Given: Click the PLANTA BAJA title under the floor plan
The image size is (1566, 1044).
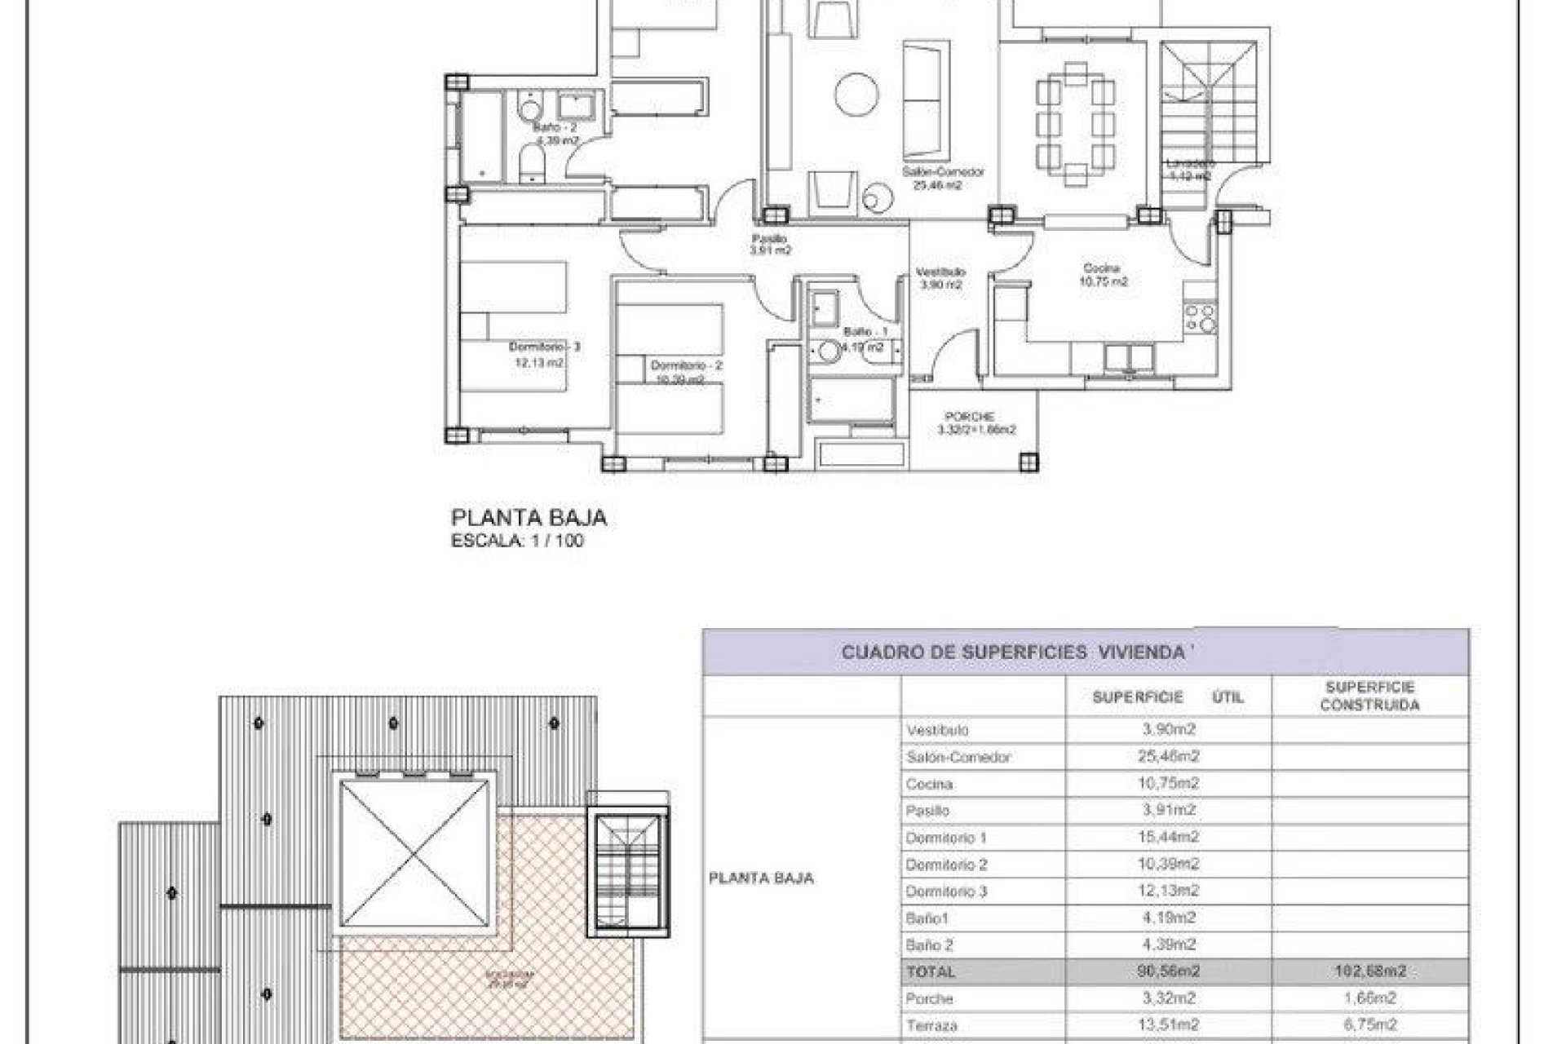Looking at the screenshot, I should click(529, 518).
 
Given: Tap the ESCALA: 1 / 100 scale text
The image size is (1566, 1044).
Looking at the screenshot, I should click(517, 541).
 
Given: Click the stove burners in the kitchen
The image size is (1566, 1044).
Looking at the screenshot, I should click(1200, 318).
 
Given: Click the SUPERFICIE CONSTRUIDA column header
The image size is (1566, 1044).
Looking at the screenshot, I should click(1369, 697).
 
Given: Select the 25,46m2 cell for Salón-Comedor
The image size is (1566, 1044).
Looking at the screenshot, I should click(1168, 757).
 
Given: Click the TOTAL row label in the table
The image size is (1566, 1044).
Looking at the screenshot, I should click(930, 972).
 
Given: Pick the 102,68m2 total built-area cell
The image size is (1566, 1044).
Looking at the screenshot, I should click(1369, 972).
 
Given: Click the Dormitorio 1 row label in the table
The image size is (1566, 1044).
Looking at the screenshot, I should click(946, 838).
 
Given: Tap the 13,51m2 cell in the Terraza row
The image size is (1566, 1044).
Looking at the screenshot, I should click(1168, 1025).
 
